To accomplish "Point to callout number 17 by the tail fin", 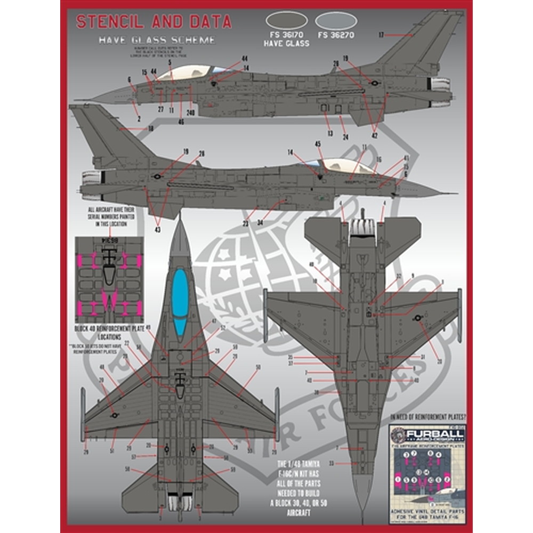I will pos(382,35).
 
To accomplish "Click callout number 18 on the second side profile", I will pos(151,128).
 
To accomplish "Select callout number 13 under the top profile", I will pos(330,133).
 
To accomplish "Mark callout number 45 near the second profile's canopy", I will pos(318,143).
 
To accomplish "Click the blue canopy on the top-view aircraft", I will pos(181,301).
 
